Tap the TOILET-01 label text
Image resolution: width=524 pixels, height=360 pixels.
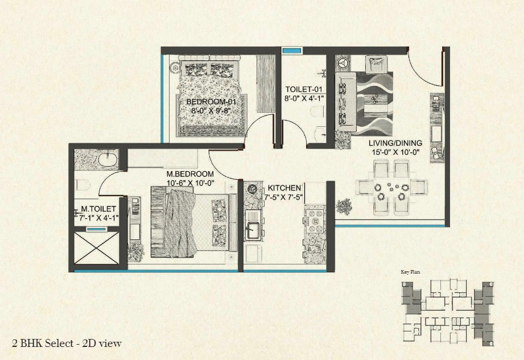[x=304, y=89]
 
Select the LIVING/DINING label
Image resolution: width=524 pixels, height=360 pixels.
[x=395, y=143]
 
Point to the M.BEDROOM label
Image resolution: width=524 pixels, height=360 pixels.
[x=190, y=174]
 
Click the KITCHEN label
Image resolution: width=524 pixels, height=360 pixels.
[x=284, y=188]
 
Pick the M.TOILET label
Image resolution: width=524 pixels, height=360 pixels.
[x=98, y=209]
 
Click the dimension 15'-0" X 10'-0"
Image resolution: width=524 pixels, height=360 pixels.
[x=395, y=152]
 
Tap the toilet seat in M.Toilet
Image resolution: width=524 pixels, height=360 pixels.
[x=82, y=185]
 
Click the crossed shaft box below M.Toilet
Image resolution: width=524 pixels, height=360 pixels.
[x=96, y=248]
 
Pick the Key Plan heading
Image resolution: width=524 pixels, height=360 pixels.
[x=410, y=272]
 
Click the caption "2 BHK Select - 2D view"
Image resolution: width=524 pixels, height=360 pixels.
[x=67, y=344]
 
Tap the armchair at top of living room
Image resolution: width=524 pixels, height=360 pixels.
[x=377, y=64]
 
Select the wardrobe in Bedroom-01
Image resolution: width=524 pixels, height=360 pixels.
[x=266, y=84]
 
